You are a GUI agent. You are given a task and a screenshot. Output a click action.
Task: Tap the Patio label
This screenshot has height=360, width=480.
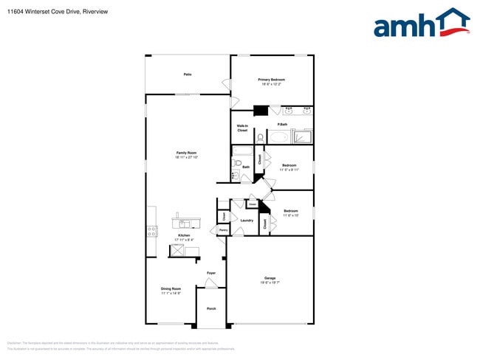(188, 75)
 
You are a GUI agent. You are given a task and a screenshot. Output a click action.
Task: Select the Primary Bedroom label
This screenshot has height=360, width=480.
(271, 81)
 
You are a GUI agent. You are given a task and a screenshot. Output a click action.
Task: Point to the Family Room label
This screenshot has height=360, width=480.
(186, 154)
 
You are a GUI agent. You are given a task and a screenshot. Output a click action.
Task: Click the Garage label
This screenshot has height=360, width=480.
(270, 280)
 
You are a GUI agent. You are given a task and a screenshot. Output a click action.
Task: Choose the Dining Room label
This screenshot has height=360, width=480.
(171, 291)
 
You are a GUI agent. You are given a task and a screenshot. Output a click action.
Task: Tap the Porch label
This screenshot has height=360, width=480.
(211, 308)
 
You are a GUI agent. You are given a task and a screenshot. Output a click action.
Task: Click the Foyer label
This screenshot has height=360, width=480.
(211, 274)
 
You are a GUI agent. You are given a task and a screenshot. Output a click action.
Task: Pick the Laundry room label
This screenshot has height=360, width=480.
(247, 220)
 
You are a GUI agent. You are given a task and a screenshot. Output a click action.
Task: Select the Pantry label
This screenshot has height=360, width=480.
(222, 231)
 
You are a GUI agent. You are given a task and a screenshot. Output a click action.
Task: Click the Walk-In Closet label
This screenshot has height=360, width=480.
(241, 128)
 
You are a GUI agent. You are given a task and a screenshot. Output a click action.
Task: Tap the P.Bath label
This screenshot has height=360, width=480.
(282, 125)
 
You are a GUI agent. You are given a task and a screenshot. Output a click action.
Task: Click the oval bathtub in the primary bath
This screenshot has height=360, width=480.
(278, 137)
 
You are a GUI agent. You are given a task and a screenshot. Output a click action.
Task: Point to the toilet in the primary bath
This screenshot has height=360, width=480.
(260, 137)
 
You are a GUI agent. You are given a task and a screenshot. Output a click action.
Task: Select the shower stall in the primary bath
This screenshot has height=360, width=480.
(303, 136)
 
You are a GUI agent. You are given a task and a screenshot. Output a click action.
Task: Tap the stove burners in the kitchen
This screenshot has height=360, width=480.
(152, 231)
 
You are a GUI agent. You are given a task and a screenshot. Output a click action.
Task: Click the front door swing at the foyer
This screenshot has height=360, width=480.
(212, 282)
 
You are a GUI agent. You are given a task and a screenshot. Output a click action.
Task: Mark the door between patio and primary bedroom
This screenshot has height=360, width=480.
(227, 85)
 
